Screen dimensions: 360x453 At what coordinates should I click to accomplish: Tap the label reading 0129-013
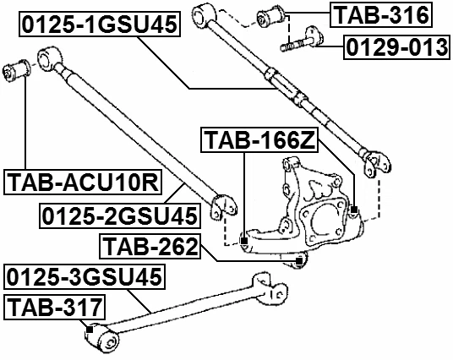click(x=396, y=48)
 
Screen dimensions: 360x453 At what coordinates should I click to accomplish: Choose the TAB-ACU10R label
click(x=85, y=182)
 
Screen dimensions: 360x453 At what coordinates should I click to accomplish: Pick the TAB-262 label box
click(x=149, y=248)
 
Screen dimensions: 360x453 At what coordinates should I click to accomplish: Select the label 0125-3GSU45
click(x=85, y=276)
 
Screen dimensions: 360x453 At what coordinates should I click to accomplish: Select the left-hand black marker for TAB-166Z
click(x=243, y=243)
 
